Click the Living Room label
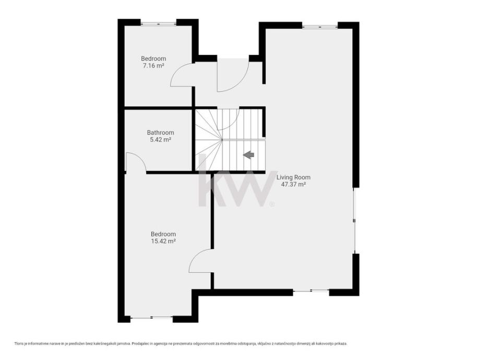click(293, 177)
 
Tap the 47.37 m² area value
click(293, 184)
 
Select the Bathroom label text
click(160, 133)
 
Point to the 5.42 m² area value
click(160, 140)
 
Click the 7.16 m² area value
click(153, 65)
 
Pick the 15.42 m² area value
click(163, 241)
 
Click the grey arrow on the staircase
click(248, 155)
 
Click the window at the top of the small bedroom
click(158, 22)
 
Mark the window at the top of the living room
click(320, 26)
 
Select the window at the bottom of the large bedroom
click(151, 317)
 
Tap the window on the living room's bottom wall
click(311, 291)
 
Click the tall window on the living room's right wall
click(354, 221)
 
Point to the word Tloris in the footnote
click(19, 344)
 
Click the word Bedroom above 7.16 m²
click(153, 58)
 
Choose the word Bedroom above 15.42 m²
click(163, 234)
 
